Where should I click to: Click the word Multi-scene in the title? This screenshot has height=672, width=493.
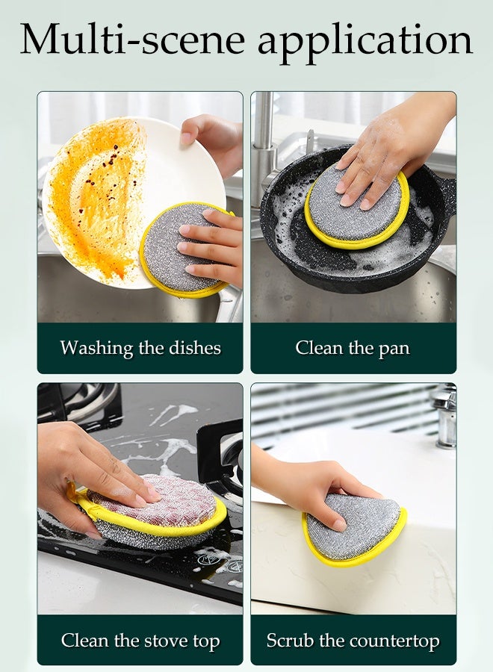(x=134, y=39)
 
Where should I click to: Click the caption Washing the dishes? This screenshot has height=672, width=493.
(x=140, y=348)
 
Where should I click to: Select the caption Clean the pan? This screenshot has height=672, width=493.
(x=353, y=348)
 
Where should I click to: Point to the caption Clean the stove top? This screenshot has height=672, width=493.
(x=140, y=641)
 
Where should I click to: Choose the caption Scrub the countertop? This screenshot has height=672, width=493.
(x=353, y=641)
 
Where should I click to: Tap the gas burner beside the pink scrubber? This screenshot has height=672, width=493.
(x=224, y=455)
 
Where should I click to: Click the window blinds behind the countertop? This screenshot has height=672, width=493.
(x=336, y=407)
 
